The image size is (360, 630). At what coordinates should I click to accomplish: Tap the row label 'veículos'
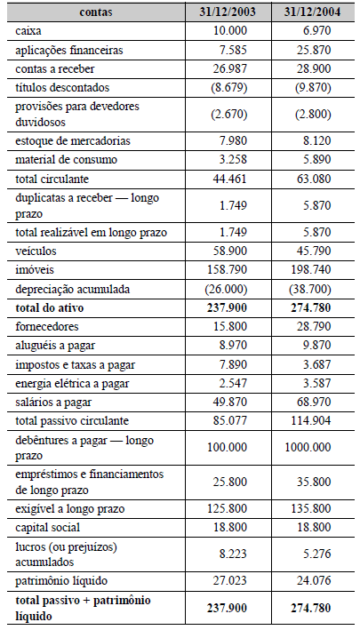tap(36, 251)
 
